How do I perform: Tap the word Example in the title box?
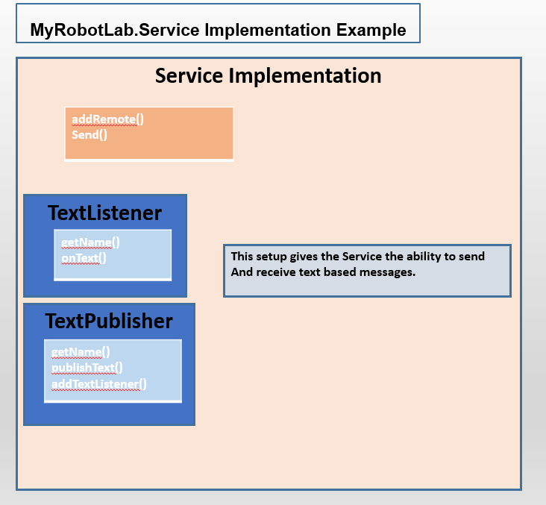point(371,31)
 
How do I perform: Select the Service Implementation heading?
point(268,75)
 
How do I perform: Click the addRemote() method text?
point(107,119)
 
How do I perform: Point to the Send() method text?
point(90,135)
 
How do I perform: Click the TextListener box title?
point(105,213)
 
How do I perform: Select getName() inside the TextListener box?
point(90,242)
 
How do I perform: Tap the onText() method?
point(84,258)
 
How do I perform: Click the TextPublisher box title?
point(109,321)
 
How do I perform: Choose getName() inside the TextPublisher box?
point(81,352)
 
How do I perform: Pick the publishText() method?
point(87,368)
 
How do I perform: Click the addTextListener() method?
point(99,384)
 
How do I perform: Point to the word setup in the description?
point(271,257)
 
